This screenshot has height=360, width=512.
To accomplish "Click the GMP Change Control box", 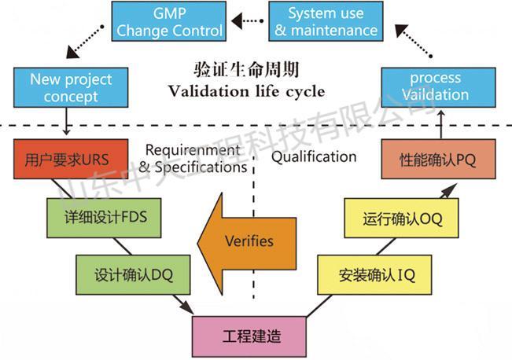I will (x=169, y=22).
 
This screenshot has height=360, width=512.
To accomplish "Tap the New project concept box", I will (x=71, y=87).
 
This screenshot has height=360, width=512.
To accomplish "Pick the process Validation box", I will (x=434, y=87).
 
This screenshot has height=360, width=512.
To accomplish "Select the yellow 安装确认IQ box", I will (x=376, y=276).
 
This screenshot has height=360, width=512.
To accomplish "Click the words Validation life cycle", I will (x=247, y=91).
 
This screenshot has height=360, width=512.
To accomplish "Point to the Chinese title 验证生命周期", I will (x=247, y=70).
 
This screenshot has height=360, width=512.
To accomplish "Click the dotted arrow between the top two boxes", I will (x=248, y=22).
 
